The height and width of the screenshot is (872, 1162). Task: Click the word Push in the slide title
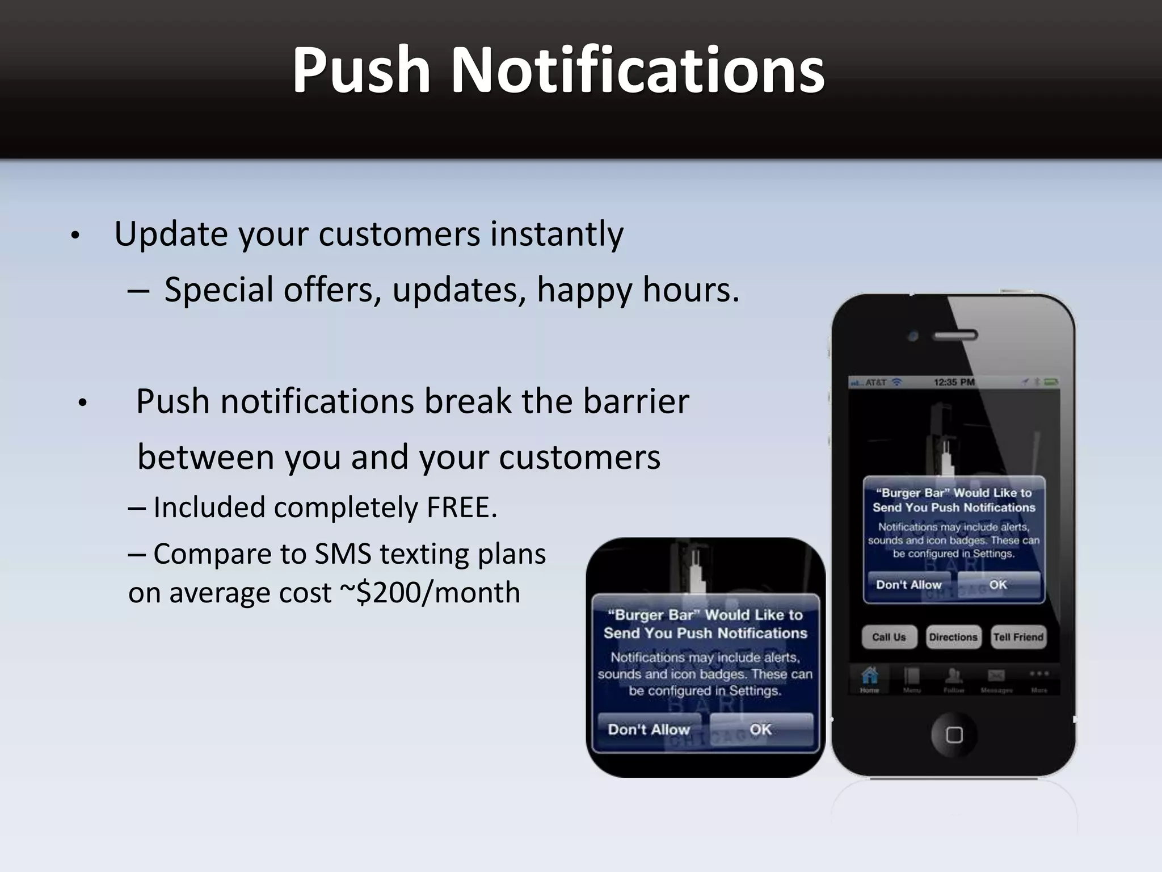(361, 70)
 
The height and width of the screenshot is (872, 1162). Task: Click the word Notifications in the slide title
(637, 70)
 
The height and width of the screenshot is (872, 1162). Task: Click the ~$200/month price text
(430, 593)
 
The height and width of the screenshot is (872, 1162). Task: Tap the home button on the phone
(954, 735)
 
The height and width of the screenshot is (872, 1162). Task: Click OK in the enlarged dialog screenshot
(760, 730)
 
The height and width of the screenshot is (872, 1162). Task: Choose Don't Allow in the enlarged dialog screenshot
(649, 730)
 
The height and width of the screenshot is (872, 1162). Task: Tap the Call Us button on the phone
(889, 637)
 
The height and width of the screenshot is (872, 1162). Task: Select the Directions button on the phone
(953, 637)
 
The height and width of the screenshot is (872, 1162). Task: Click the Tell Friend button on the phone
(1018, 637)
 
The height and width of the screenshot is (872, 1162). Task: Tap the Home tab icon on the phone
(869, 677)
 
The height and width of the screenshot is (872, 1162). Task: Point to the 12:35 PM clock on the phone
(954, 382)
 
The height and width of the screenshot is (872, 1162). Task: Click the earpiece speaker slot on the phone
(955, 336)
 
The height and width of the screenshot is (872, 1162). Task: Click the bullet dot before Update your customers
(75, 236)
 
